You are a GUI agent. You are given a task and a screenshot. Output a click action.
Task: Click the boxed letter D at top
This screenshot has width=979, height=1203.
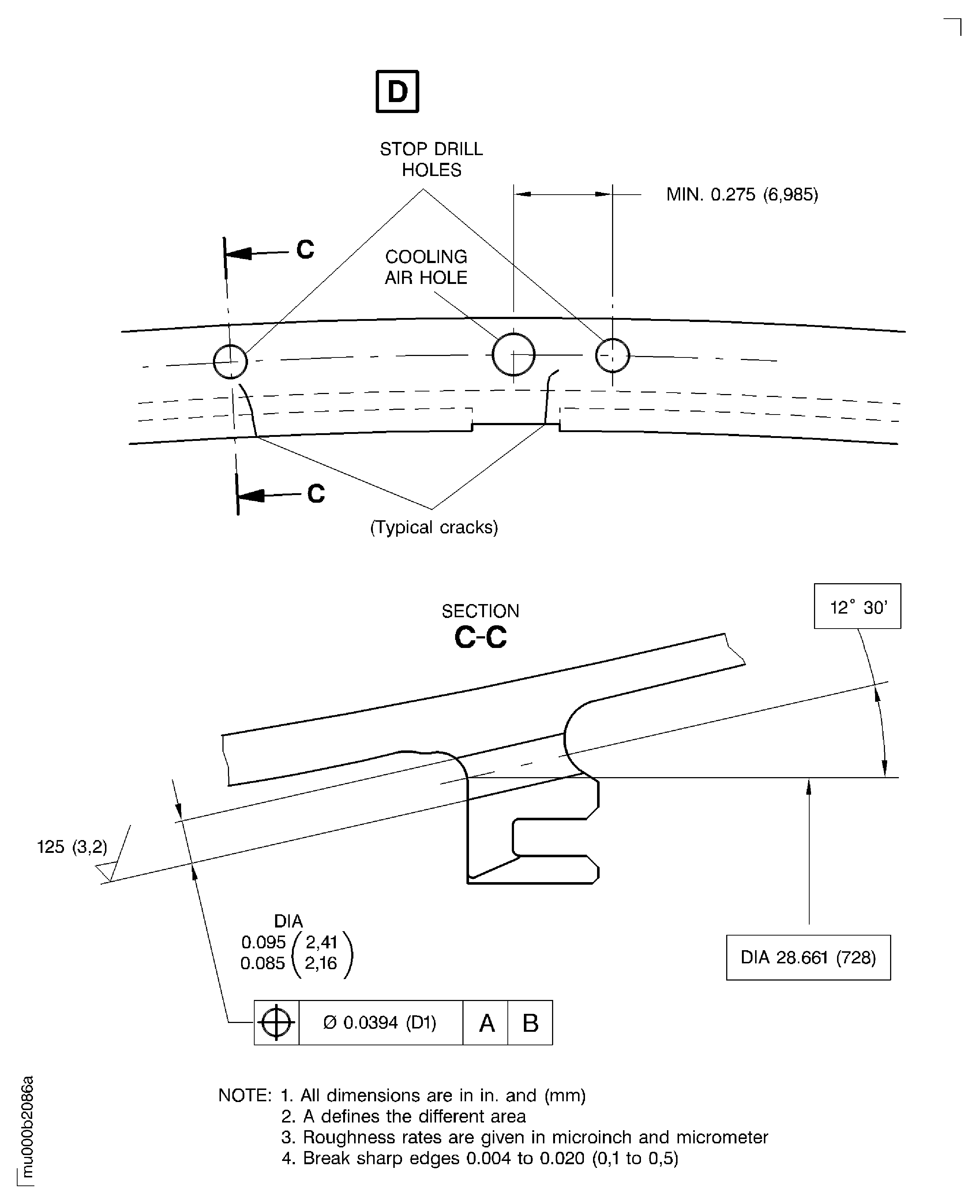click(x=397, y=91)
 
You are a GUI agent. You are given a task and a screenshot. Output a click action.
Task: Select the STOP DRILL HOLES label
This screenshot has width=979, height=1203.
click(x=431, y=159)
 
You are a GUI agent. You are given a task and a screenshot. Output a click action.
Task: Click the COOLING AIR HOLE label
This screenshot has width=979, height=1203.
click(x=426, y=267)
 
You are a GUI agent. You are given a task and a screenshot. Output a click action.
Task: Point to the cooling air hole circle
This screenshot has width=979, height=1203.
click(x=513, y=354)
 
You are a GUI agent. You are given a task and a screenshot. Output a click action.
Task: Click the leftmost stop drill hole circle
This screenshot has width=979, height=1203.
click(x=230, y=361)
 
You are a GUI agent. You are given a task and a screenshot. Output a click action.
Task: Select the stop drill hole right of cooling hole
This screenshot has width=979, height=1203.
click(x=612, y=355)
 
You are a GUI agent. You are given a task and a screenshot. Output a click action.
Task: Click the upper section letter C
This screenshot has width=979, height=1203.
click(x=305, y=249)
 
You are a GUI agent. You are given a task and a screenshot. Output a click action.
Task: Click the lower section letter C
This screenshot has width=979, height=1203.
click(x=316, y=494)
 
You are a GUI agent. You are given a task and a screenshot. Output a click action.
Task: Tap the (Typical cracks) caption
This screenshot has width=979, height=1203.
click(x=434, y=527)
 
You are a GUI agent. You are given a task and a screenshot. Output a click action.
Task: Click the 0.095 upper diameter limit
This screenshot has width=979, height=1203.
click(x=263, y=942)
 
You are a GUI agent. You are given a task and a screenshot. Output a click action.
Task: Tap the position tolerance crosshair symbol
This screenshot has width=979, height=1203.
click(x=276, y=1023)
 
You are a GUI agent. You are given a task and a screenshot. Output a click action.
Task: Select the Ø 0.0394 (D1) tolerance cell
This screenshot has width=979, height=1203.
click(x=380, y=1023)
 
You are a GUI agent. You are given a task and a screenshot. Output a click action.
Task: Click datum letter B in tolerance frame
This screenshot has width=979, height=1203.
click(x=530, y=1023)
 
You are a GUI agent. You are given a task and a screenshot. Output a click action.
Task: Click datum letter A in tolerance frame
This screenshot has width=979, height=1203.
click(x=486, y=1023)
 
